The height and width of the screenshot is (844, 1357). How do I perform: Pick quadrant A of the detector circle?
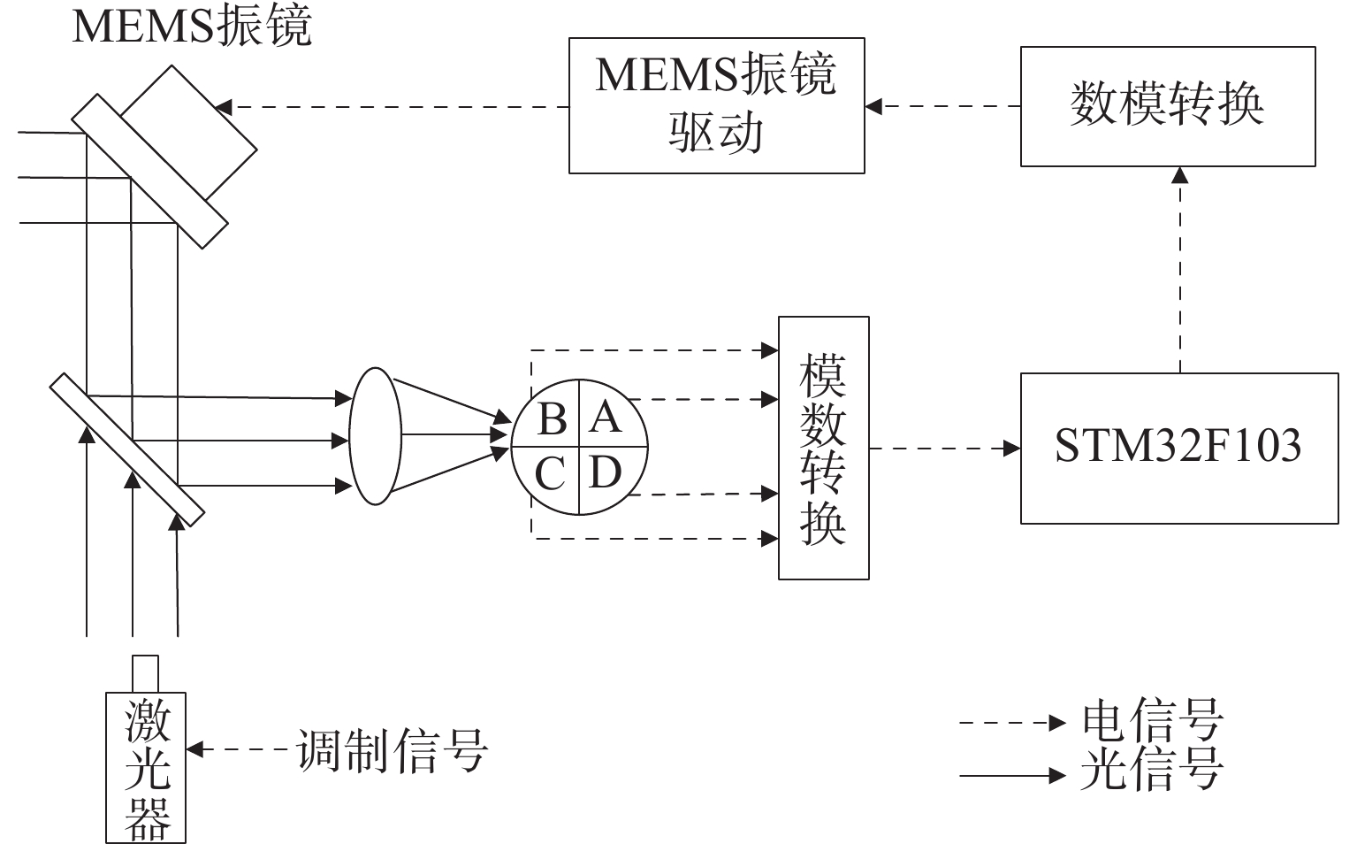click(x=611, y=415)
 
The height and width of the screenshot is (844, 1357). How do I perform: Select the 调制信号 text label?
click(x=392, y=750)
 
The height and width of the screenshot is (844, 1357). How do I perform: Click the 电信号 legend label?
click(x=1152, y=721)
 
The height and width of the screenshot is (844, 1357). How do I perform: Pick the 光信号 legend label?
click(x=1152, y=770)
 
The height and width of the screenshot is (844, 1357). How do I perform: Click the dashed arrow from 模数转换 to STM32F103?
click(x=945, y=449)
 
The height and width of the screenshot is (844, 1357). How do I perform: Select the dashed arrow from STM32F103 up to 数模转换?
click(x=1180, y=270)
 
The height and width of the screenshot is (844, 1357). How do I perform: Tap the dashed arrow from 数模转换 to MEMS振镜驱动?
click(x=942, y=106)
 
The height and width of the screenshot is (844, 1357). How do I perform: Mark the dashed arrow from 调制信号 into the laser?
click(x=238, y=749)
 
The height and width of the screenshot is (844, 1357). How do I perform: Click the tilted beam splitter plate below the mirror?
click(x=127, y=449)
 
